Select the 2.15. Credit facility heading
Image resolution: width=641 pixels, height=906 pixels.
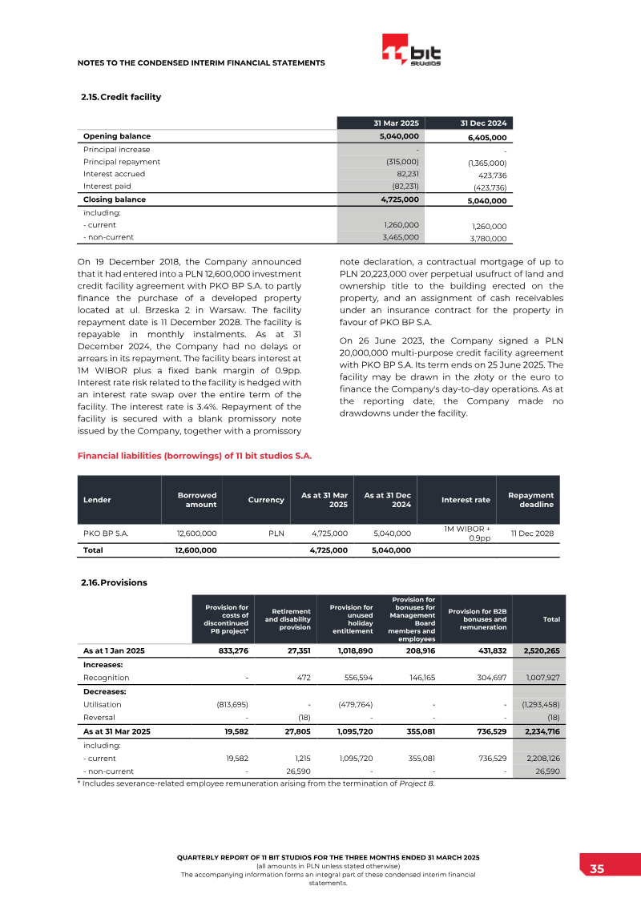pyautogui.click(x=120, y=97)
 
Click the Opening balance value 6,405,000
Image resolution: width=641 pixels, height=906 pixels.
pyautogui.click(x=486, y=138)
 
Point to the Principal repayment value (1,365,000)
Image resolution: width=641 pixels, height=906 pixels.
pyautogui.click(x=486, y=163)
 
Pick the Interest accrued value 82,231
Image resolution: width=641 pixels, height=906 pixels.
pyautogui.click(x=405, y=173)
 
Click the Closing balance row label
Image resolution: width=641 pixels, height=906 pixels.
pyautogui.click(x=114, y=199)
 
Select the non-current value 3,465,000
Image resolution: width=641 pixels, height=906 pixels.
pyautogui.click(x=401, y=237)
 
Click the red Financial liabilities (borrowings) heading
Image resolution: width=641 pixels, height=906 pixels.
pyautogui.click(x=194, y=456)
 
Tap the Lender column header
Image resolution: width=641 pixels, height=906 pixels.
pyautogui.click(x=97, y=500)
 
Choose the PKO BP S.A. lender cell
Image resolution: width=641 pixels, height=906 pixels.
pyautogui.click(x=106, y=533)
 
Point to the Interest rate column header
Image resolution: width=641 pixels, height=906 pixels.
pyautogui.click(x=466, y=500)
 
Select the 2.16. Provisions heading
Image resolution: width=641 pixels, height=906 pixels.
pyautogui.click(x=114, y=582)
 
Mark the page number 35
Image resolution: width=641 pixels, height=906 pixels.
pyautogui.click(x=597, y=869)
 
